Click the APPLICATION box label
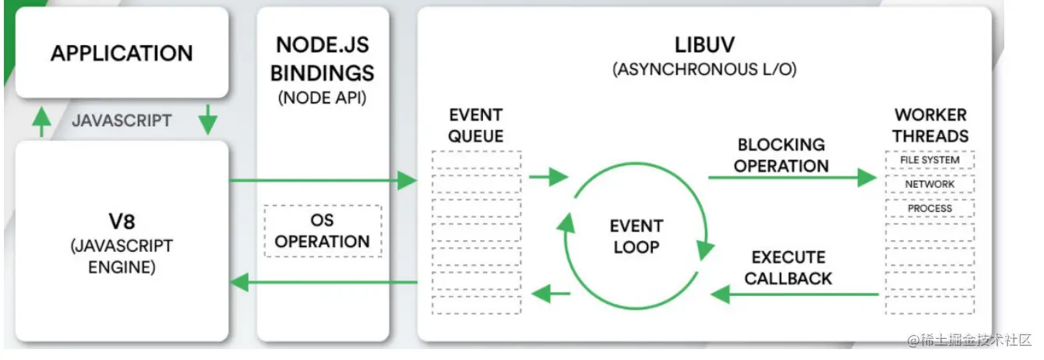point(122,53)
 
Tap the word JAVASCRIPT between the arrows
point(122,121)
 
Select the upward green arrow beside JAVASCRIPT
point(41,122)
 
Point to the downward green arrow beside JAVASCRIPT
point(208,119)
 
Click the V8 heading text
point(122,221)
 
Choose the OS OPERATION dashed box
point(323,231)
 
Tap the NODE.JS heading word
point(323,45)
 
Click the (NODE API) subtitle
point(322,98)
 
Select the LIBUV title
point(704,45)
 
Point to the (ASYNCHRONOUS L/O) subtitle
point(704,69)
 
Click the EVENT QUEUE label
point(476,125)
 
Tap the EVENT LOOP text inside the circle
point(637,236)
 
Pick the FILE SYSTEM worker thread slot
point(929,160)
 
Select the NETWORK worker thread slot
point(929,184)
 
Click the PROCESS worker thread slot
point(929,209)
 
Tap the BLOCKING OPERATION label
point(781,155)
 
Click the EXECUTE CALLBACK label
point(788,268)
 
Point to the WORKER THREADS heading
point(930,125)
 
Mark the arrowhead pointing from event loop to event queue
point(541,294)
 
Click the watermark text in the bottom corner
point(969,340)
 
